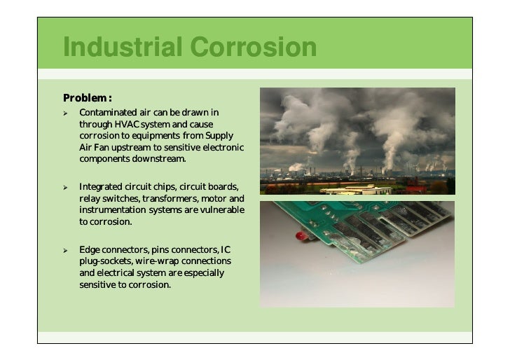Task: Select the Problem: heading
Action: coord(88,97)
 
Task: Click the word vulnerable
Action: coord(219,210)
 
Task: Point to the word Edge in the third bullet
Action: coord(90,250)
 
